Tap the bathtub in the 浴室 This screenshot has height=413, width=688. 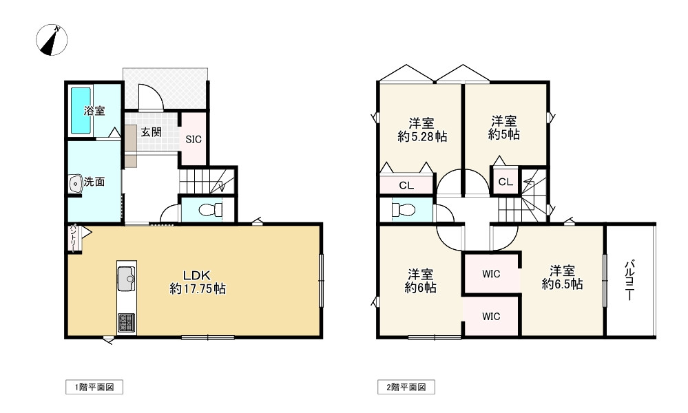[x=81, y=112]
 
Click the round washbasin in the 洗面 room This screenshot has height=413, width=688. [x=75, y=184]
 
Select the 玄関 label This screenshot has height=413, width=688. [x=152, y=132]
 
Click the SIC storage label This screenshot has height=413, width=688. [x=194, y=139]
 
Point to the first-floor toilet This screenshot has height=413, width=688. [x=207, y=209]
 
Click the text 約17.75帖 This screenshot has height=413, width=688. [x=198, y=290]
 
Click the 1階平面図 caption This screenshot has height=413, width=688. [x=94, y=388]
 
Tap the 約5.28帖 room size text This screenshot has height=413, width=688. [x=421, y=137]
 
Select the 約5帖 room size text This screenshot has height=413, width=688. [x=504, y=136]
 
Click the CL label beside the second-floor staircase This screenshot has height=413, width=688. [x=505, y=182]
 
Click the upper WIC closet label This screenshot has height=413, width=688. [x=490, y=274]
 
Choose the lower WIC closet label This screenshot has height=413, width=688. [x=490, y=317]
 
